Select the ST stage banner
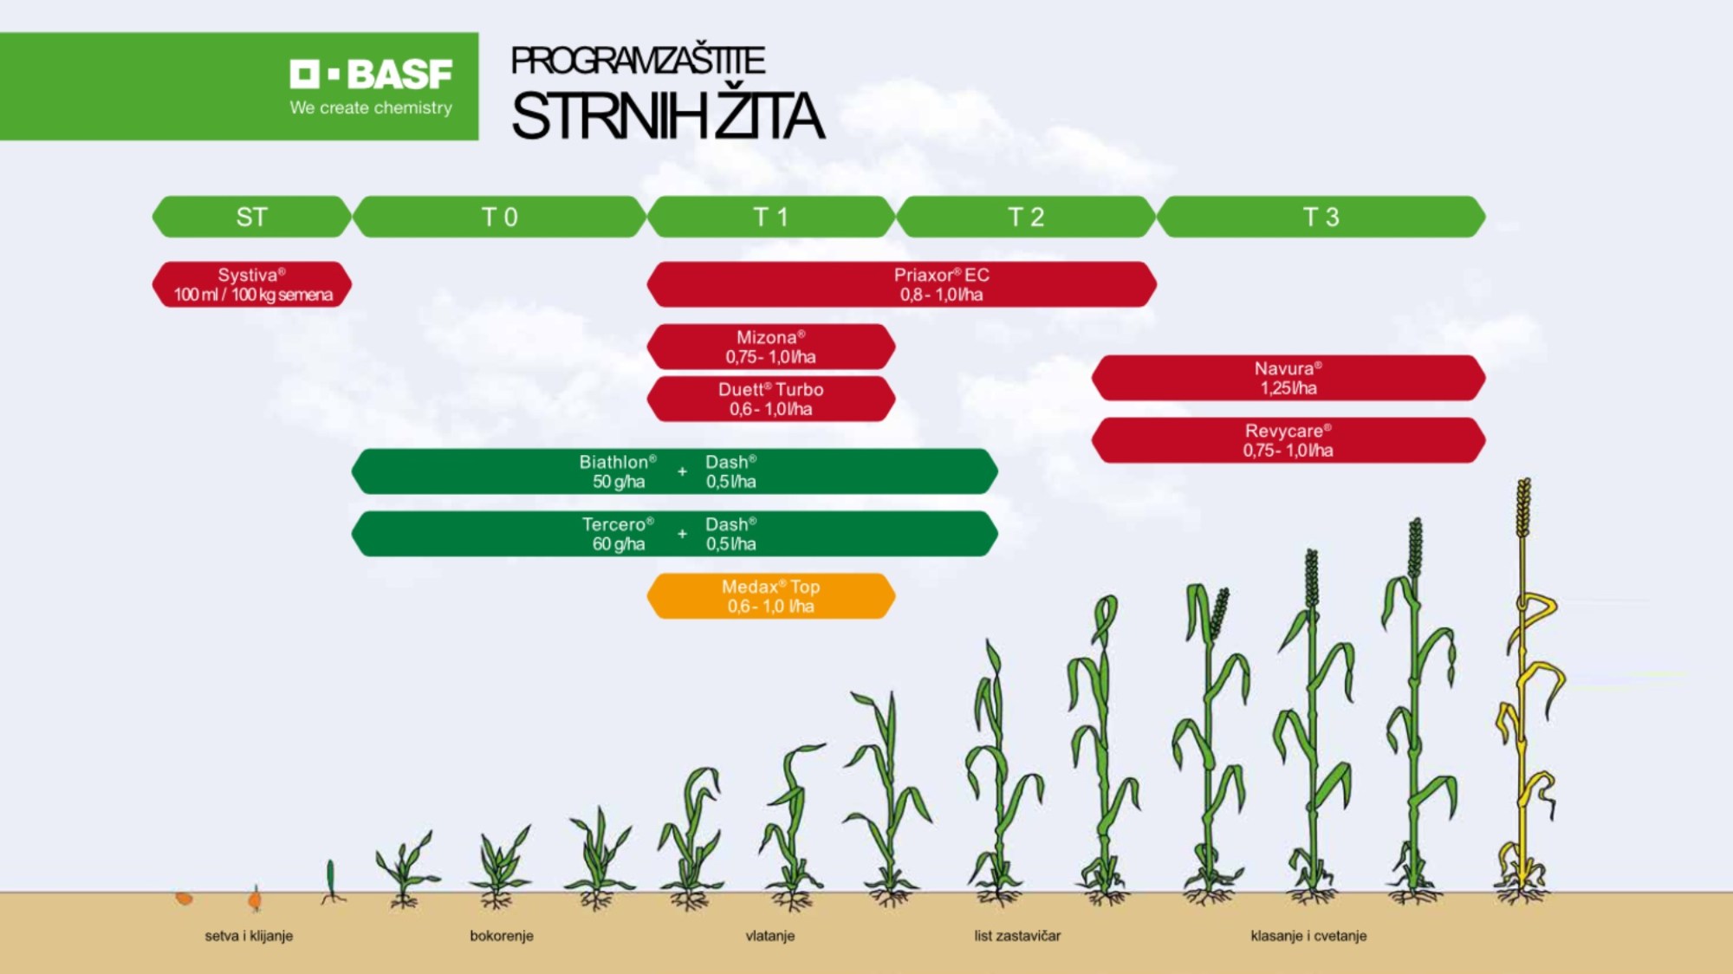(x=252, y=217)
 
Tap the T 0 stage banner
(x=500, y=217)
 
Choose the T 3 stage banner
(x=1321, y=217)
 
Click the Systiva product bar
(x=252, y=284)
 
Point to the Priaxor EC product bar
(x=902, y=284)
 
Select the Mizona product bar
(x=771, y=347)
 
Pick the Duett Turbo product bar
(x=771, y=399)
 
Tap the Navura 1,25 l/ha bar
(x=1288, y=378)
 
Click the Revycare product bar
(x=1288, y=440)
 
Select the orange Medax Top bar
(x=771, y=596)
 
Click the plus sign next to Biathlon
(x=682, y=471)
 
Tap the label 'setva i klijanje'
(x=249, y=936)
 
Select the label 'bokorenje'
(x=502, y=936)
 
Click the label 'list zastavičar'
(x=1017, y=936)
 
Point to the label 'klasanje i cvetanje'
(x=1308, y=936)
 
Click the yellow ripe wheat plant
(x=1524, y=693)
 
